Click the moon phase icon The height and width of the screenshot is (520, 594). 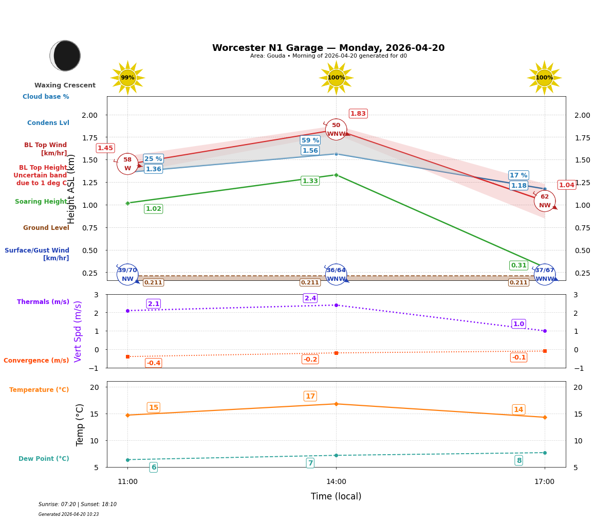pyautogui.click(x=65, y=56)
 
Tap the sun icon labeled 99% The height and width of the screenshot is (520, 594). pyautogui.click(x=127, y=78)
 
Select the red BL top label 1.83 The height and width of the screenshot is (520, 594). pyautogui.click(x=358, y=114)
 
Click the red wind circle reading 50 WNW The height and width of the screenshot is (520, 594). pyautogui.click(x=336, y=130)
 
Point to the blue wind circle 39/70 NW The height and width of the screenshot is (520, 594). pyautogui.click(x=127, y=274)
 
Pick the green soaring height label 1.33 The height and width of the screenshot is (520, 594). pyautogui.click(x=310, y=181)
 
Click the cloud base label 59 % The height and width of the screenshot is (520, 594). pyautogui.click(x=310, y=140)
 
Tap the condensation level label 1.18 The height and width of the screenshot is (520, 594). pyautogui.click(x=518, y=186)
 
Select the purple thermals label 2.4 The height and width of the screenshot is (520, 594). pyautogui.click(x=310, y=298)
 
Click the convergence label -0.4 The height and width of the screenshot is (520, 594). pyautogui.click(x=153, y=363)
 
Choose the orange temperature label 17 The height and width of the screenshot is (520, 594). pyautogui.click(x=310, y=396)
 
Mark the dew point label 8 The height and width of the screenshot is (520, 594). pyautogui.click(x=518, y=460)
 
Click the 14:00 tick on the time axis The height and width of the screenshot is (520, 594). pyautogui.click(x=336, y=482)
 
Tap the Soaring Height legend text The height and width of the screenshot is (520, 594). pyautogui.click(x=41, y=202)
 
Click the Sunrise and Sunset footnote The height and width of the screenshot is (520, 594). pyautogui.click(x=78, y=505)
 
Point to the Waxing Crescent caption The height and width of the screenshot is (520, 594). pyautogui.click(x=65, y=85)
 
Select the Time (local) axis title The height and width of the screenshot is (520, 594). pyautogui.click(x=336, y=496)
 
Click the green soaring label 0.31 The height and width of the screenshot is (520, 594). pyautogui.click(x=518, y=265)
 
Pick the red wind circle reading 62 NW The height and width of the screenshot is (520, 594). pyautogui.click(x=544, y=201)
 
